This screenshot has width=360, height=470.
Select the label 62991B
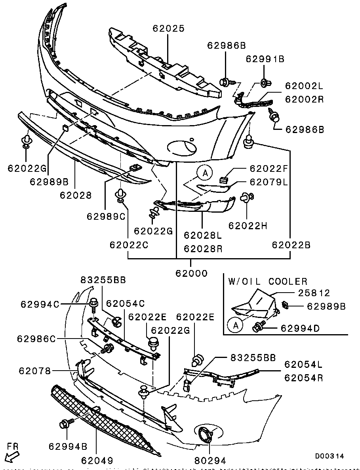[265, 59]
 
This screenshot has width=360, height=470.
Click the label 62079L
[267, 182]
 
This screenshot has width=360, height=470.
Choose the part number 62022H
[248, 226]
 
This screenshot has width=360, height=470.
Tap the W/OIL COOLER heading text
[268, 282]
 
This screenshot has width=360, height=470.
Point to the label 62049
[97, 460]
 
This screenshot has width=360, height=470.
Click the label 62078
[34, 371]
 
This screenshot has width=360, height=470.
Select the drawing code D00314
[330, 456]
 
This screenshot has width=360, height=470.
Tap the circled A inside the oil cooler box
[235, 325]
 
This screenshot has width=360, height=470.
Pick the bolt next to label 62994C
[94, 304]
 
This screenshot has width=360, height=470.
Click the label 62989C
[106, 217]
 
